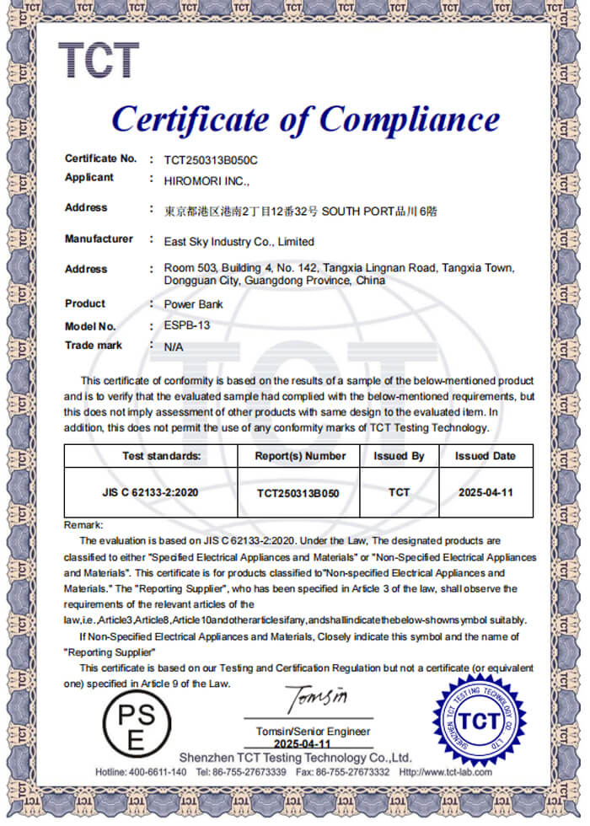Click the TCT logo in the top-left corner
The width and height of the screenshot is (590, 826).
(99, 61)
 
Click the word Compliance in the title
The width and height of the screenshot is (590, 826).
(409, 119)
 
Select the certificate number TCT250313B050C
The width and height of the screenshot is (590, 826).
(211, 159)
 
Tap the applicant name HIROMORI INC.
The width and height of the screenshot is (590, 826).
(206, 180)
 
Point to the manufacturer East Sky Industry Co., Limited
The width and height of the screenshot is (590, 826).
(239, 241)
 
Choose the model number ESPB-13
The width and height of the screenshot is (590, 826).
(181, 326)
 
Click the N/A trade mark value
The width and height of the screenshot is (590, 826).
(174, 346)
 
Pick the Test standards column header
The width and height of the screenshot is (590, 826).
(162, 456)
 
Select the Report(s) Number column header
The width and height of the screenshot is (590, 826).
(301, 456)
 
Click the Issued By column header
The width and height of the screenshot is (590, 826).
(399, 456)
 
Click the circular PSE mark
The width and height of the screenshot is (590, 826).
(136, 727)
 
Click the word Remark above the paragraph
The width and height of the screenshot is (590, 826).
(83, 525)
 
